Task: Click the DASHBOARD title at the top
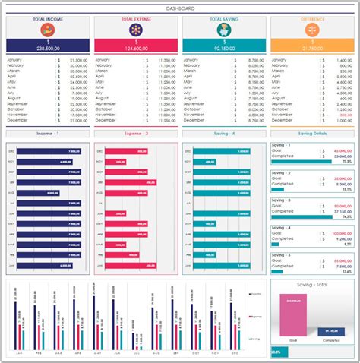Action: coord(180,7)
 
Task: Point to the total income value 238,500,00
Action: coord(48,48)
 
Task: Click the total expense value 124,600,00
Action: coord(136,48)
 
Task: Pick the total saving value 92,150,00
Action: coord(224,48)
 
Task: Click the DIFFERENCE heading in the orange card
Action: coord(312,18)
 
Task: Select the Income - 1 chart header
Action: coord(48,133)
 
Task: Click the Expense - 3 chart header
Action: coord(136,133)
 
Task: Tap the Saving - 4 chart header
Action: coord(224,133)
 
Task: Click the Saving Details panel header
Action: coord(312,133)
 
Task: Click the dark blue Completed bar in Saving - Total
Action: coord(331,331)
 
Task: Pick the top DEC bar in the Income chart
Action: coord(45,151)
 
